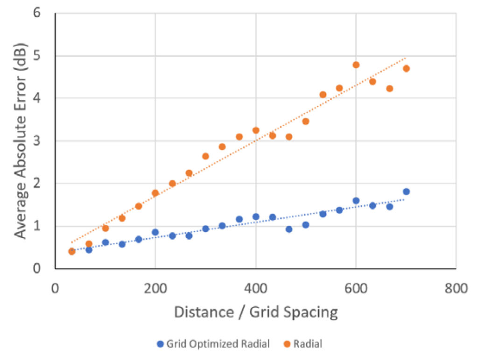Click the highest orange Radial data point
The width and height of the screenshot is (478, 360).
(x=356, y=65)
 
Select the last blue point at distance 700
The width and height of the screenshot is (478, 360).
(x=406, y=192)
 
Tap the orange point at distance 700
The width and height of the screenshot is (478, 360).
(x=406, y=69)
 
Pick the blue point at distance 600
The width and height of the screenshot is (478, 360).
(x=356, y=201)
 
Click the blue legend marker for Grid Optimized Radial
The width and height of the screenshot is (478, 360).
(x=160, y=345)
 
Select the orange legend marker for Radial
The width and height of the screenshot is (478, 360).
(x=288, y=345)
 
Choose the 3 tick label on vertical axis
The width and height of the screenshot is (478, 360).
(x=37, y=141)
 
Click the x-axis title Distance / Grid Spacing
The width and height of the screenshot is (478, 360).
(x=255, y=312)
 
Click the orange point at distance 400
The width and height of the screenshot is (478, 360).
(x=256, y=131)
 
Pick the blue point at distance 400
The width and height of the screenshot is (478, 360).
(x=256, y=217)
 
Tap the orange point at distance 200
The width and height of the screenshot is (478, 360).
(x=155, y=193)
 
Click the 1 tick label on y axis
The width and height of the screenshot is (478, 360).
(x=37, y=226)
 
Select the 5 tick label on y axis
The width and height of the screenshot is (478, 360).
(x=37, y=56)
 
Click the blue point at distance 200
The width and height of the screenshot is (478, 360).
(x=155, y=232)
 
